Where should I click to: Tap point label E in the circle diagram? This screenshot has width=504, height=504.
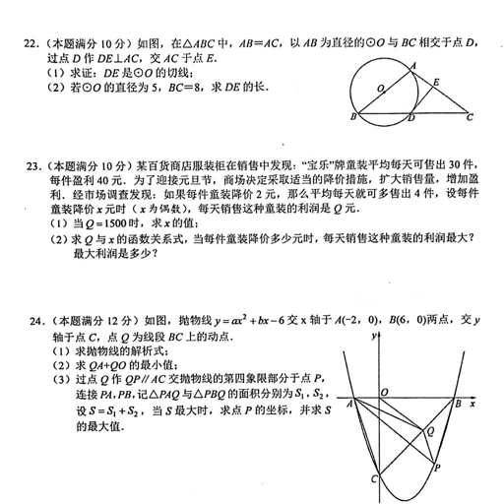click(437, 84)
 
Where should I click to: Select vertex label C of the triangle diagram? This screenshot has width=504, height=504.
click(471, 117)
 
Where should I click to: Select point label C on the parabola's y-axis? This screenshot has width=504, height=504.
click(373, 478)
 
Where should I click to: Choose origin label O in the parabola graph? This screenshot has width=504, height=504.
click(385, 393)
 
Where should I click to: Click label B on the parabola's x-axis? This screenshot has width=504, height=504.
click(458, 404)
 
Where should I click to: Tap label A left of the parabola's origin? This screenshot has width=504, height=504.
click(352, 404)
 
